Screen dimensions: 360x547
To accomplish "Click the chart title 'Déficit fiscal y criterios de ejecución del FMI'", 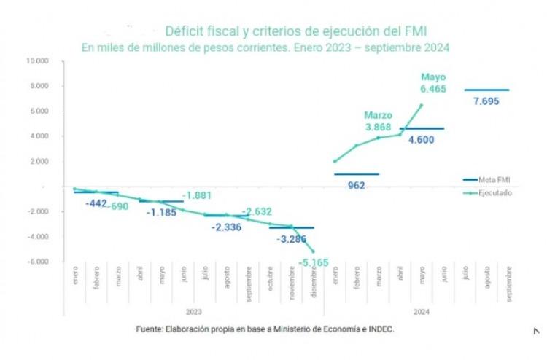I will (295, 31).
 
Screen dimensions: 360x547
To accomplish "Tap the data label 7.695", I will (486, 101).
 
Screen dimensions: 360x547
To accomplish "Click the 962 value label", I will (357, 185).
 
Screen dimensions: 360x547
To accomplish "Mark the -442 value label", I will (96, 203).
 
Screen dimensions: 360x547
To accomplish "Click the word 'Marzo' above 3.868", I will (379, 115).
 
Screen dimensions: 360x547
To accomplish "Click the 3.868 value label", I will (379, 128).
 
